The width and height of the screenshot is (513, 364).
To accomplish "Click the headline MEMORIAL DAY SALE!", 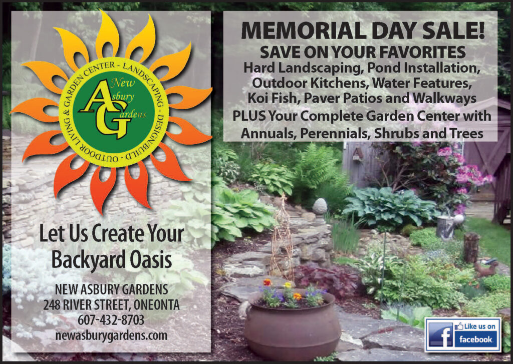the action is point(363,31).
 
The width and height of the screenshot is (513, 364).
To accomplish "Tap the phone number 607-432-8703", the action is point(111,320).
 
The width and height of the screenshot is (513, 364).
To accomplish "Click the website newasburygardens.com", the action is point(111,335).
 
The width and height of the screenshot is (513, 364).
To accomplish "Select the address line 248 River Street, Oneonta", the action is point(111,305).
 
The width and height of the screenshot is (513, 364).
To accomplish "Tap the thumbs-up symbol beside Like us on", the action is point(459,326).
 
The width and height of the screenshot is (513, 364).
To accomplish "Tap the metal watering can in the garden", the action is point(448,226).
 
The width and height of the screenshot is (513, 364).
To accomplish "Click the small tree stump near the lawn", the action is point(471,247).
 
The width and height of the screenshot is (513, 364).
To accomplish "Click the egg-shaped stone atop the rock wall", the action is point(320,206).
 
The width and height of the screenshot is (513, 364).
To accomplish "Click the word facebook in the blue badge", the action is point(475,339).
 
